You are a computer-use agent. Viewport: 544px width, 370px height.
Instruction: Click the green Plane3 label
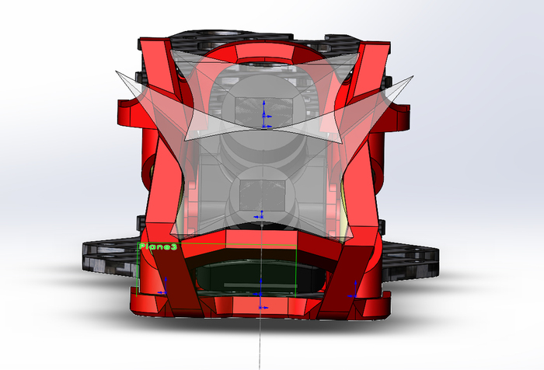[x=158, y=246]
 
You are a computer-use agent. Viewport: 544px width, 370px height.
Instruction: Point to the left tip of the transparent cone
[x=117, y=72]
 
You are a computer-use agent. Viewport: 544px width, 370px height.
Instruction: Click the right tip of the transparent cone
[x=413, y=76]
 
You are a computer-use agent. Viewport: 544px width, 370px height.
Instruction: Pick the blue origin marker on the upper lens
[x=264, y=114]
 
